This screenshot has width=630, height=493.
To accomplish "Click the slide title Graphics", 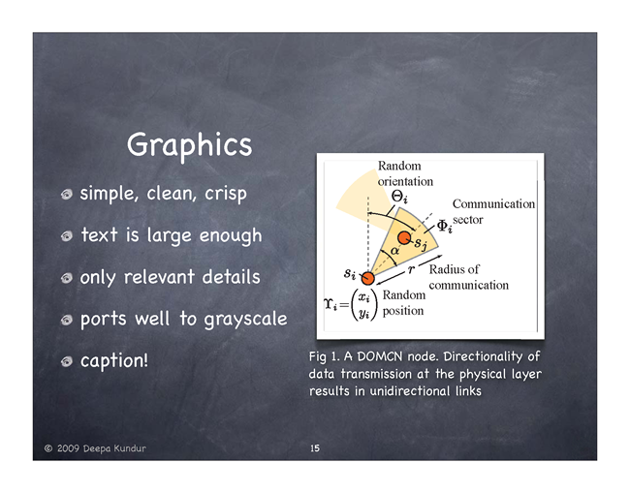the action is (189, 145).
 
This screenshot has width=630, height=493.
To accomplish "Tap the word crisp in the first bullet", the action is (226, 194).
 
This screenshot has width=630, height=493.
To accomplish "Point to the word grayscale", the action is (245, 320).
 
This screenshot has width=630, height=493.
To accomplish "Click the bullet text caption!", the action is (114, 361).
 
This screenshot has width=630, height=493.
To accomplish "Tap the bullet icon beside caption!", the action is (67, 361).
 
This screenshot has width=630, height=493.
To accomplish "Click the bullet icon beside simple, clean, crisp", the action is (67, 195).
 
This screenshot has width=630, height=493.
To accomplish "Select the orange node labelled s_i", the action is (367, 278).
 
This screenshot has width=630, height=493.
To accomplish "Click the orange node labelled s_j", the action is (404, 237).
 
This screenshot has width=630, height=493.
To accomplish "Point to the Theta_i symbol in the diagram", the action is (399, 197).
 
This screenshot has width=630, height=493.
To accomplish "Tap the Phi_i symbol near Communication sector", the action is (444, 227).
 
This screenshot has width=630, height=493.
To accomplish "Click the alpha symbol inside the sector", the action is (394, 251).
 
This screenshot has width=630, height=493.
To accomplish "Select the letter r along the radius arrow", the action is (411, 270).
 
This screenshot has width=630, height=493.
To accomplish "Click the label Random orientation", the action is (405, 173).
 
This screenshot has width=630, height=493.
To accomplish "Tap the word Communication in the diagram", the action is (493, 204).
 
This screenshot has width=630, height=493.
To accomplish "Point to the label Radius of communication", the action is (468, 277).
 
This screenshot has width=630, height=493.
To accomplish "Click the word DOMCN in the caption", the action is (380, 356).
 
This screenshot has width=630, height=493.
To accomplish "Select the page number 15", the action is (315, 448).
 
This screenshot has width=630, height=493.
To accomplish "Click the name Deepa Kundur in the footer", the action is (114, 448).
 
